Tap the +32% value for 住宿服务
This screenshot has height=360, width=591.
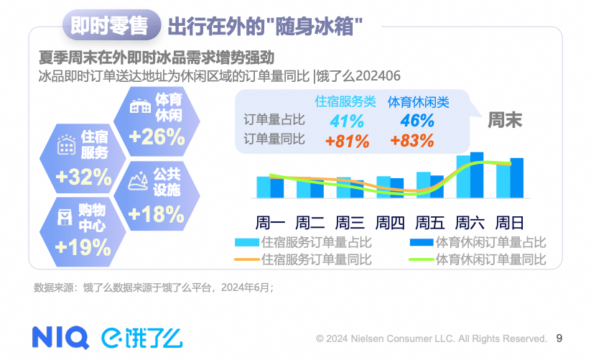tap(83, 175)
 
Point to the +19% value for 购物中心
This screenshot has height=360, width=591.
tap(83, 247)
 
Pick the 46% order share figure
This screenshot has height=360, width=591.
tap(418, 121)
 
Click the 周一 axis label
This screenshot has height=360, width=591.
tap(271, 221)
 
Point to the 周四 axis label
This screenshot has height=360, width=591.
tap(391, 221)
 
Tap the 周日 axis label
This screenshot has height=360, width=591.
tap(511, 221)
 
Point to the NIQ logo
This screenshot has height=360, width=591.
tap(60, 336)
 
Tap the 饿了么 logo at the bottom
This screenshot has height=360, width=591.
tap(141, 336)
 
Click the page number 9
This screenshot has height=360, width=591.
tap(560, 337)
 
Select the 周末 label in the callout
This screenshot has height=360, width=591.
tap(506, 119)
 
